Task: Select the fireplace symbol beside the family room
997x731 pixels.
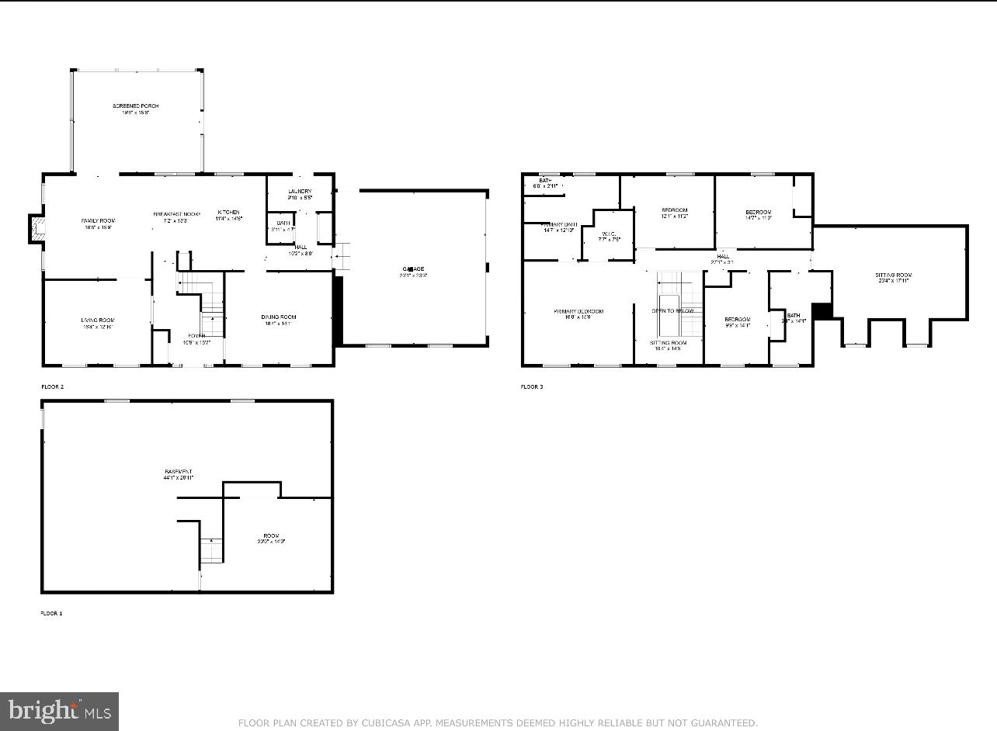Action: (x=34, y=227)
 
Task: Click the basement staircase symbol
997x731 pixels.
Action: (x=211, y=550)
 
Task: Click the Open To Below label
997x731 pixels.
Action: (x=672, y=310)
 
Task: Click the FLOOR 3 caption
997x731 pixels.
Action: (x=532, y=386)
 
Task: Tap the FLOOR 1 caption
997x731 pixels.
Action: (x=51, y=613)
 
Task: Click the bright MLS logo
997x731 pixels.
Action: (x=59, y=711)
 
